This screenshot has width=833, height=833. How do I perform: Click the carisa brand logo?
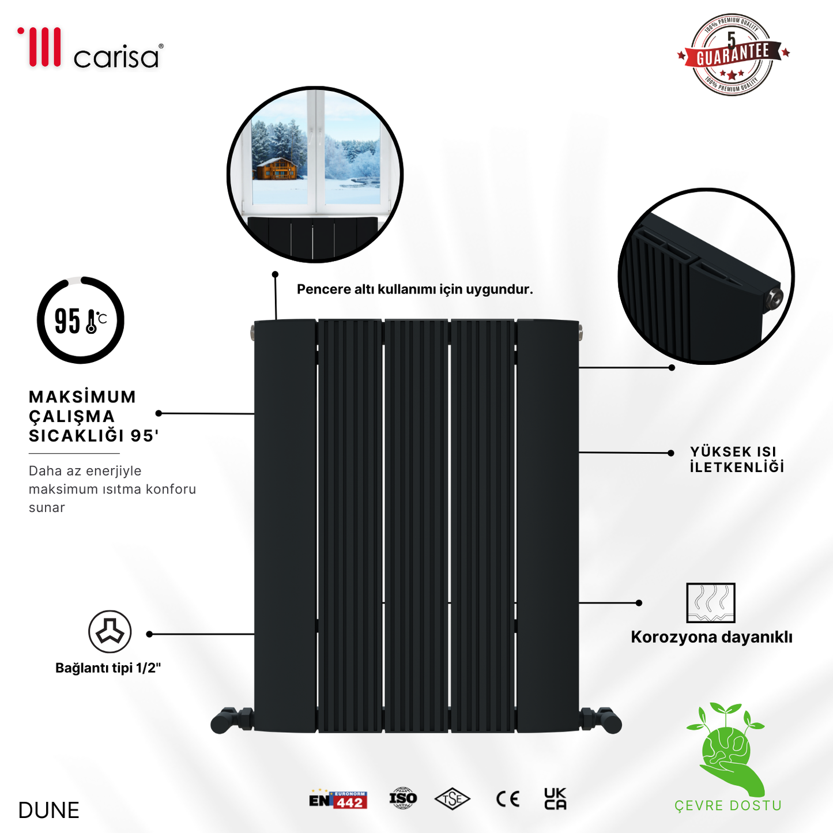(x=91, y=48)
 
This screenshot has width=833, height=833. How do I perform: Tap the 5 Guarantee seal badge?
(x=732, y=55)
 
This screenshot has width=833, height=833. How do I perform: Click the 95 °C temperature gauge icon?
(x=81, y=321)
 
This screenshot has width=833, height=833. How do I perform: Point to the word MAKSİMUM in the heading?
(x=82, y=397)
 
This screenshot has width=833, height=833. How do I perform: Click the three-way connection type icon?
(x=110, y=632)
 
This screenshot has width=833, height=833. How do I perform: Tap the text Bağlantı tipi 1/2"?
(x=108, y=668)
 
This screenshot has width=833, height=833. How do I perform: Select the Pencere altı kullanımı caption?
(x=414, y=289)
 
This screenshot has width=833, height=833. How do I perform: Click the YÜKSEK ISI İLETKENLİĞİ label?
(x=736, y=459)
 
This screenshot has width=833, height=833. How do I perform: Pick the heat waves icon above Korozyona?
(x=711, y=603)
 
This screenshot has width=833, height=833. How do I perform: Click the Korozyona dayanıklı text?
(x=711, y=637)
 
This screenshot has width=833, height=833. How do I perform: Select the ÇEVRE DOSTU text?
(x=728, y=806)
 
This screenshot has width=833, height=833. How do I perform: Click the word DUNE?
(x=48, y=811)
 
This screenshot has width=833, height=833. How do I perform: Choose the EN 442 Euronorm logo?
(x=338, y=800)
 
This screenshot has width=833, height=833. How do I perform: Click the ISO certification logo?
(x=403, y=798)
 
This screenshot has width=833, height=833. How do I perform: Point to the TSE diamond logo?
(x=453, y=799)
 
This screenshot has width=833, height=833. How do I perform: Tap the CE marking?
(x=508, y=799)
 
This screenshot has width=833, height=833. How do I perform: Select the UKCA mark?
(x=555, y=799)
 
